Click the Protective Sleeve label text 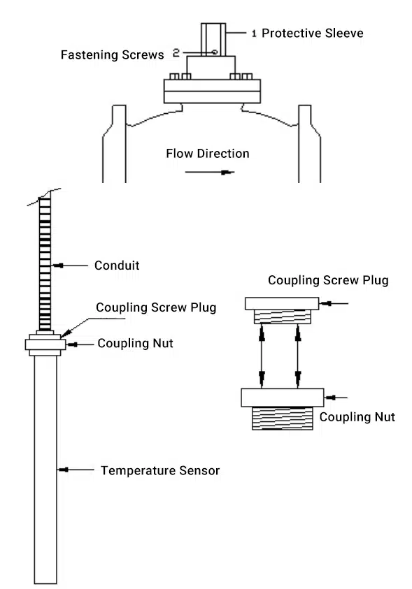pyautogui.click(x=313, y=33)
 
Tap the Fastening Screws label pyautogui.click(x=112, y=54)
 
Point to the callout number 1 pyautogui.click(x=254, y=34)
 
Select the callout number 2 pyautogui.click(x=176, y=53)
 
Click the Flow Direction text pyautogui.click(x=208, y=154)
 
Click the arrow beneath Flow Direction pyautogui.click(x=210, y=173)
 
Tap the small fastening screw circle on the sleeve pyautogui.click(x=215, y=52)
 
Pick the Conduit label pyautogui.click(x=117, y=266)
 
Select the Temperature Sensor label pyautogui.click(x=160, y=471)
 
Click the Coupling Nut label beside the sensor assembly pyautogui.click(x=135, y=343)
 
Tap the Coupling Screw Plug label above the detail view pyautogui.click(x=328, y=280)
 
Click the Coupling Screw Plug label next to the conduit pyautogui.click(x=156, y=307)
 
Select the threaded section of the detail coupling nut pyautogui.click(x=283, y=419)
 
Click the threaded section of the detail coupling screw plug pyautogui.click(x=283, y=317)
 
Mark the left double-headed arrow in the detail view pyautogui.click(x=262, y=356)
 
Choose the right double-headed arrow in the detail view pyautogui.click(x=298, y=356)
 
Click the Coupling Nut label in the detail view pyautogui.click(x=357, y=417)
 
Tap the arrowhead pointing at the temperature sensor pyautogui.click(x=63, y=470)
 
